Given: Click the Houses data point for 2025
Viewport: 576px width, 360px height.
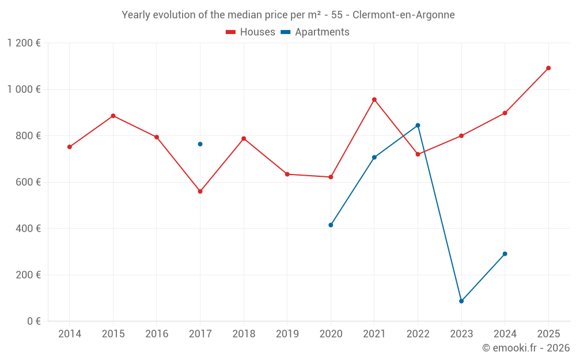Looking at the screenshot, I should point(548,68).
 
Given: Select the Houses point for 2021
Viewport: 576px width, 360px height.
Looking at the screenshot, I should point(374,100).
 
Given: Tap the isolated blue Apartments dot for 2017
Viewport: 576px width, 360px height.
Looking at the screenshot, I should point(200,144).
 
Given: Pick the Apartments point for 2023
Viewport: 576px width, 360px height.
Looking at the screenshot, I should point(461,301).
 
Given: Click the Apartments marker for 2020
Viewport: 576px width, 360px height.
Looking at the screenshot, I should point(331,225).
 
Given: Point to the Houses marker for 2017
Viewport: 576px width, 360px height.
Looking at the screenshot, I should point(200,191).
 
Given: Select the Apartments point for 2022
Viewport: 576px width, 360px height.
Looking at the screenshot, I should point(418,125).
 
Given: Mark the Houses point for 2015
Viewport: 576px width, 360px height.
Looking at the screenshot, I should point(113,116).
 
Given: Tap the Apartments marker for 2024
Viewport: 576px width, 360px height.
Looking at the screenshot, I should point(505,254).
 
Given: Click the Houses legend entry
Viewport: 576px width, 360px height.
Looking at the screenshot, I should point(251,32).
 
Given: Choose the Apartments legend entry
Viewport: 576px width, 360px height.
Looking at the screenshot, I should point(315,32).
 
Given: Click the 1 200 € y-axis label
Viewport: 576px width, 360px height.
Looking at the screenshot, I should point(24,43).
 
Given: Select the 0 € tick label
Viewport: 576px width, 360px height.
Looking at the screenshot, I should point(34,321).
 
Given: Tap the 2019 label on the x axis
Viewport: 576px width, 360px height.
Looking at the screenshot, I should point(287,334).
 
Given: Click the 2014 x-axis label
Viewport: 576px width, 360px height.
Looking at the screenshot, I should point(70,334).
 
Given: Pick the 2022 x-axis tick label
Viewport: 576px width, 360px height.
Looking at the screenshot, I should point(418,334).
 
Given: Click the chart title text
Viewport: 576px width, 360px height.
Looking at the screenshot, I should point(288,15).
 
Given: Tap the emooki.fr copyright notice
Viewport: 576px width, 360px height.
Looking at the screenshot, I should point(525,348).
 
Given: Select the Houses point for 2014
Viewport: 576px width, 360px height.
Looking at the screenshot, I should point(70,147).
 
